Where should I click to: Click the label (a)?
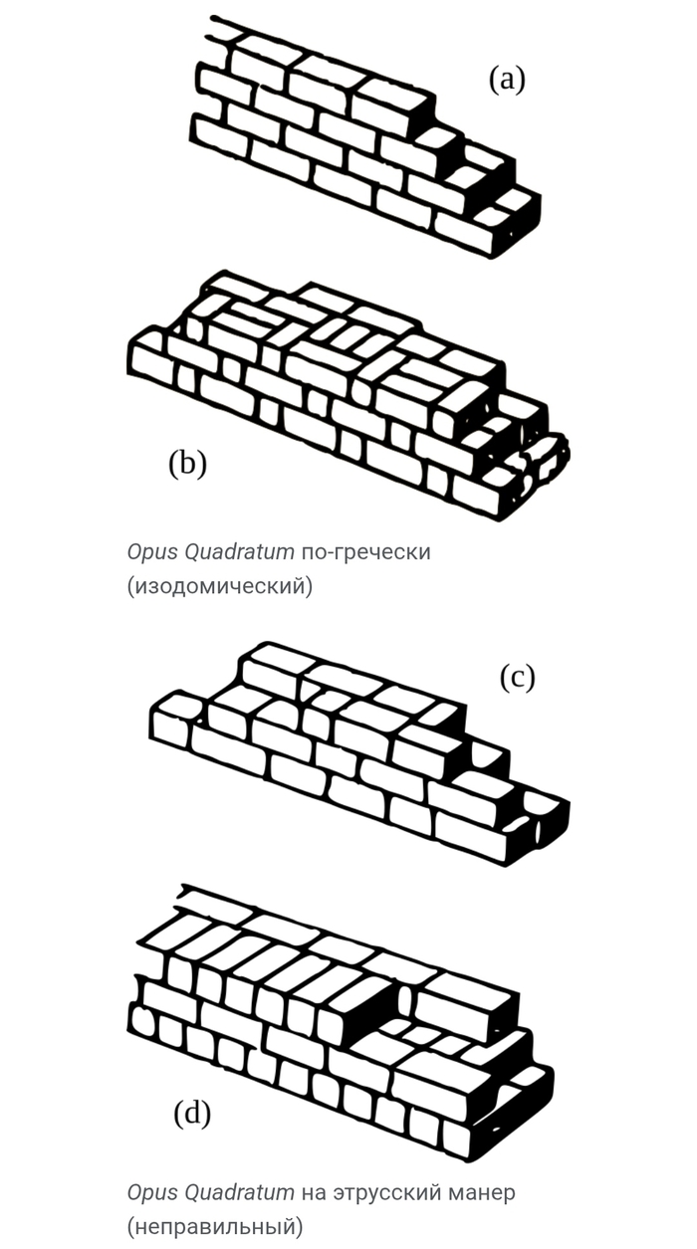pos(506,79)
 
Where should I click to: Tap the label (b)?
pos(187,463)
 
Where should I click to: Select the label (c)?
pos(517,677)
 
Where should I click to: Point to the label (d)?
pos(192,1113)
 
